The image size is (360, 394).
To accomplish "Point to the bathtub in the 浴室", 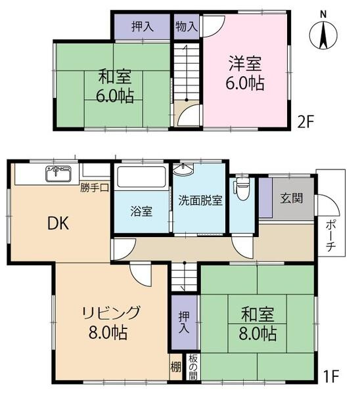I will pos(141,177).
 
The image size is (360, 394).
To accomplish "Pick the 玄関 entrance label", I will pos(292,198).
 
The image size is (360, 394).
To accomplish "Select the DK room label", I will pos(58,223).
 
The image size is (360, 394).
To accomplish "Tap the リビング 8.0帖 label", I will pos(109,321).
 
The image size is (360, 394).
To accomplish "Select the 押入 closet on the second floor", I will pos(143,27).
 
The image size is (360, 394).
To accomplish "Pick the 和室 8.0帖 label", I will pos(253,324).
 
